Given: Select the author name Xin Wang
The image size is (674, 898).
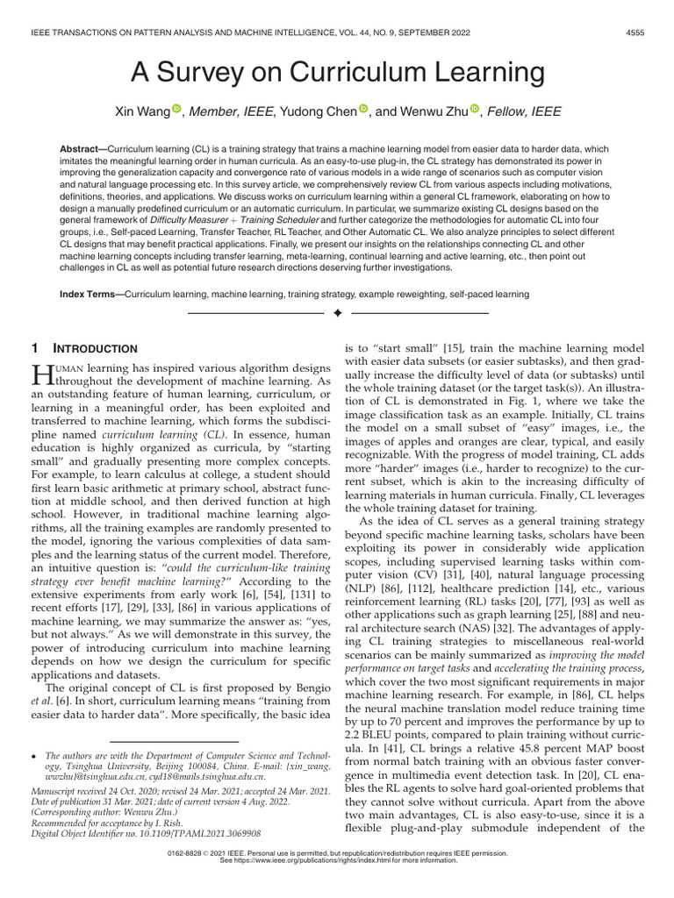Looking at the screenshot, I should [x=141, y=111].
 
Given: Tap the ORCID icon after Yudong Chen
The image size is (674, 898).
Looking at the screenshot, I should [x=364, y=110].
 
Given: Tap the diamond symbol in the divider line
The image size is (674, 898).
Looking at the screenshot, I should [x=337, y=313].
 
